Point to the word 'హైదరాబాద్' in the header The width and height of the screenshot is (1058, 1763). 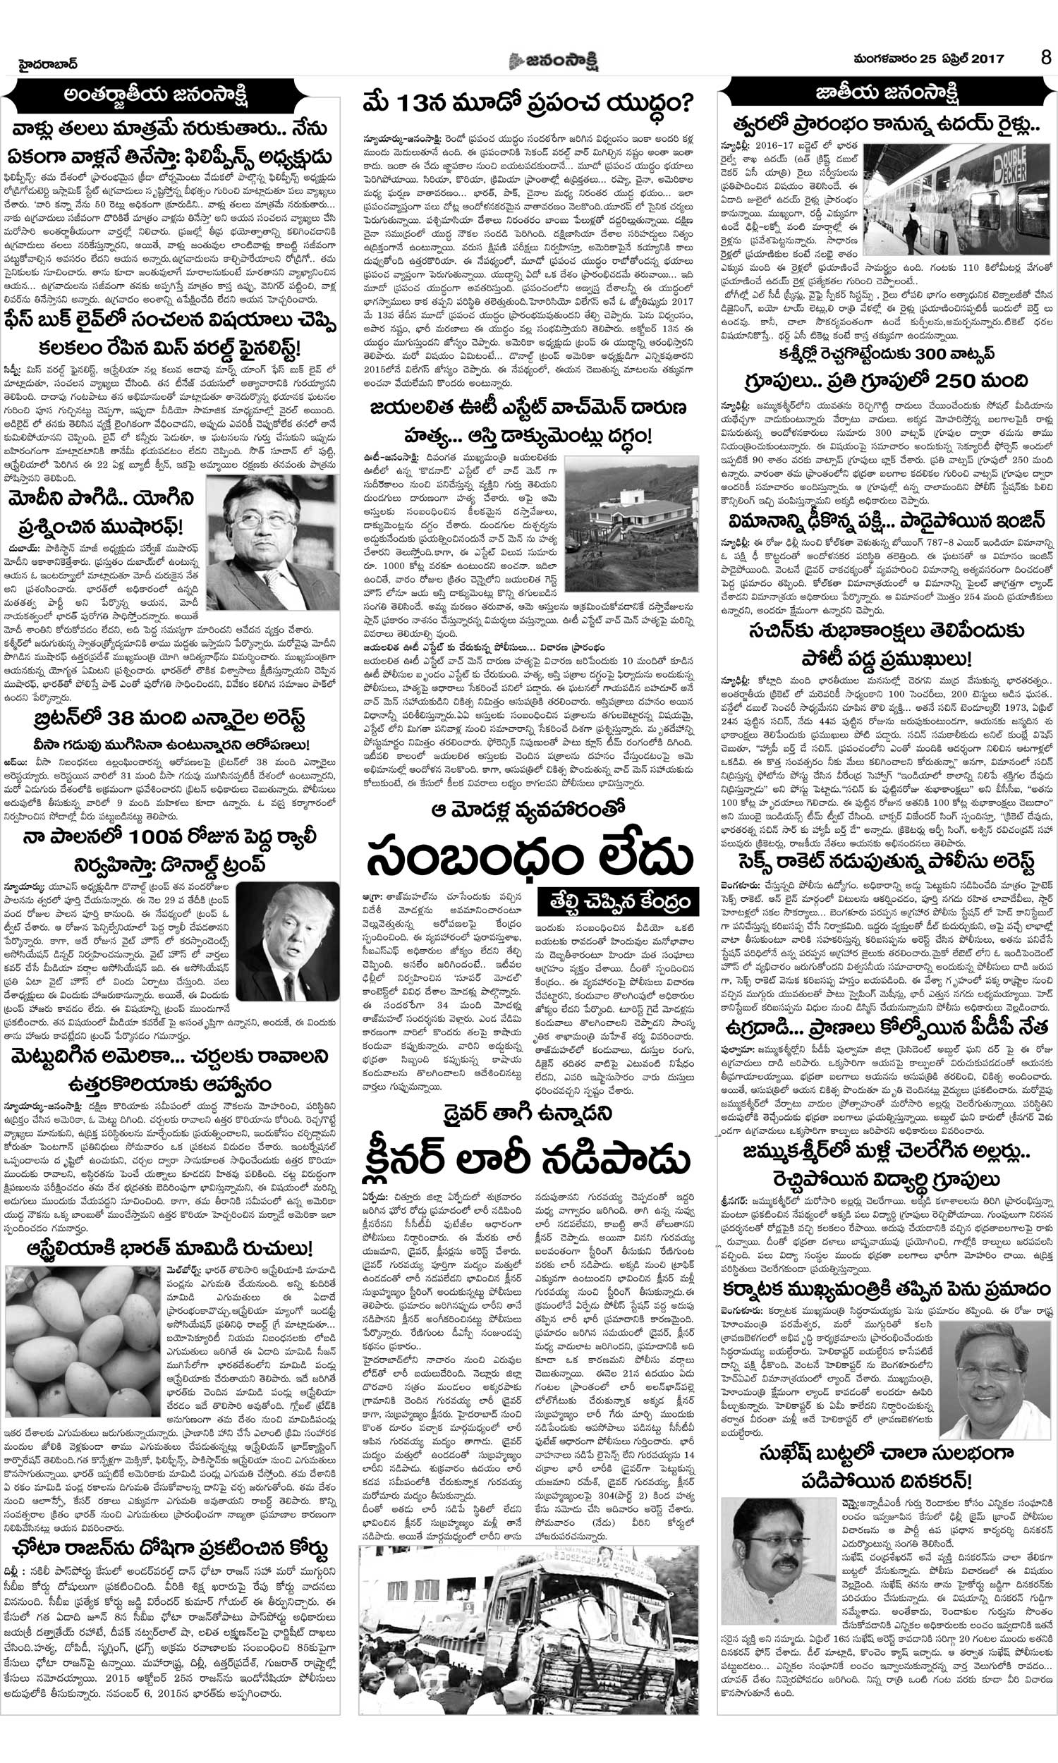[49, 64]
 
